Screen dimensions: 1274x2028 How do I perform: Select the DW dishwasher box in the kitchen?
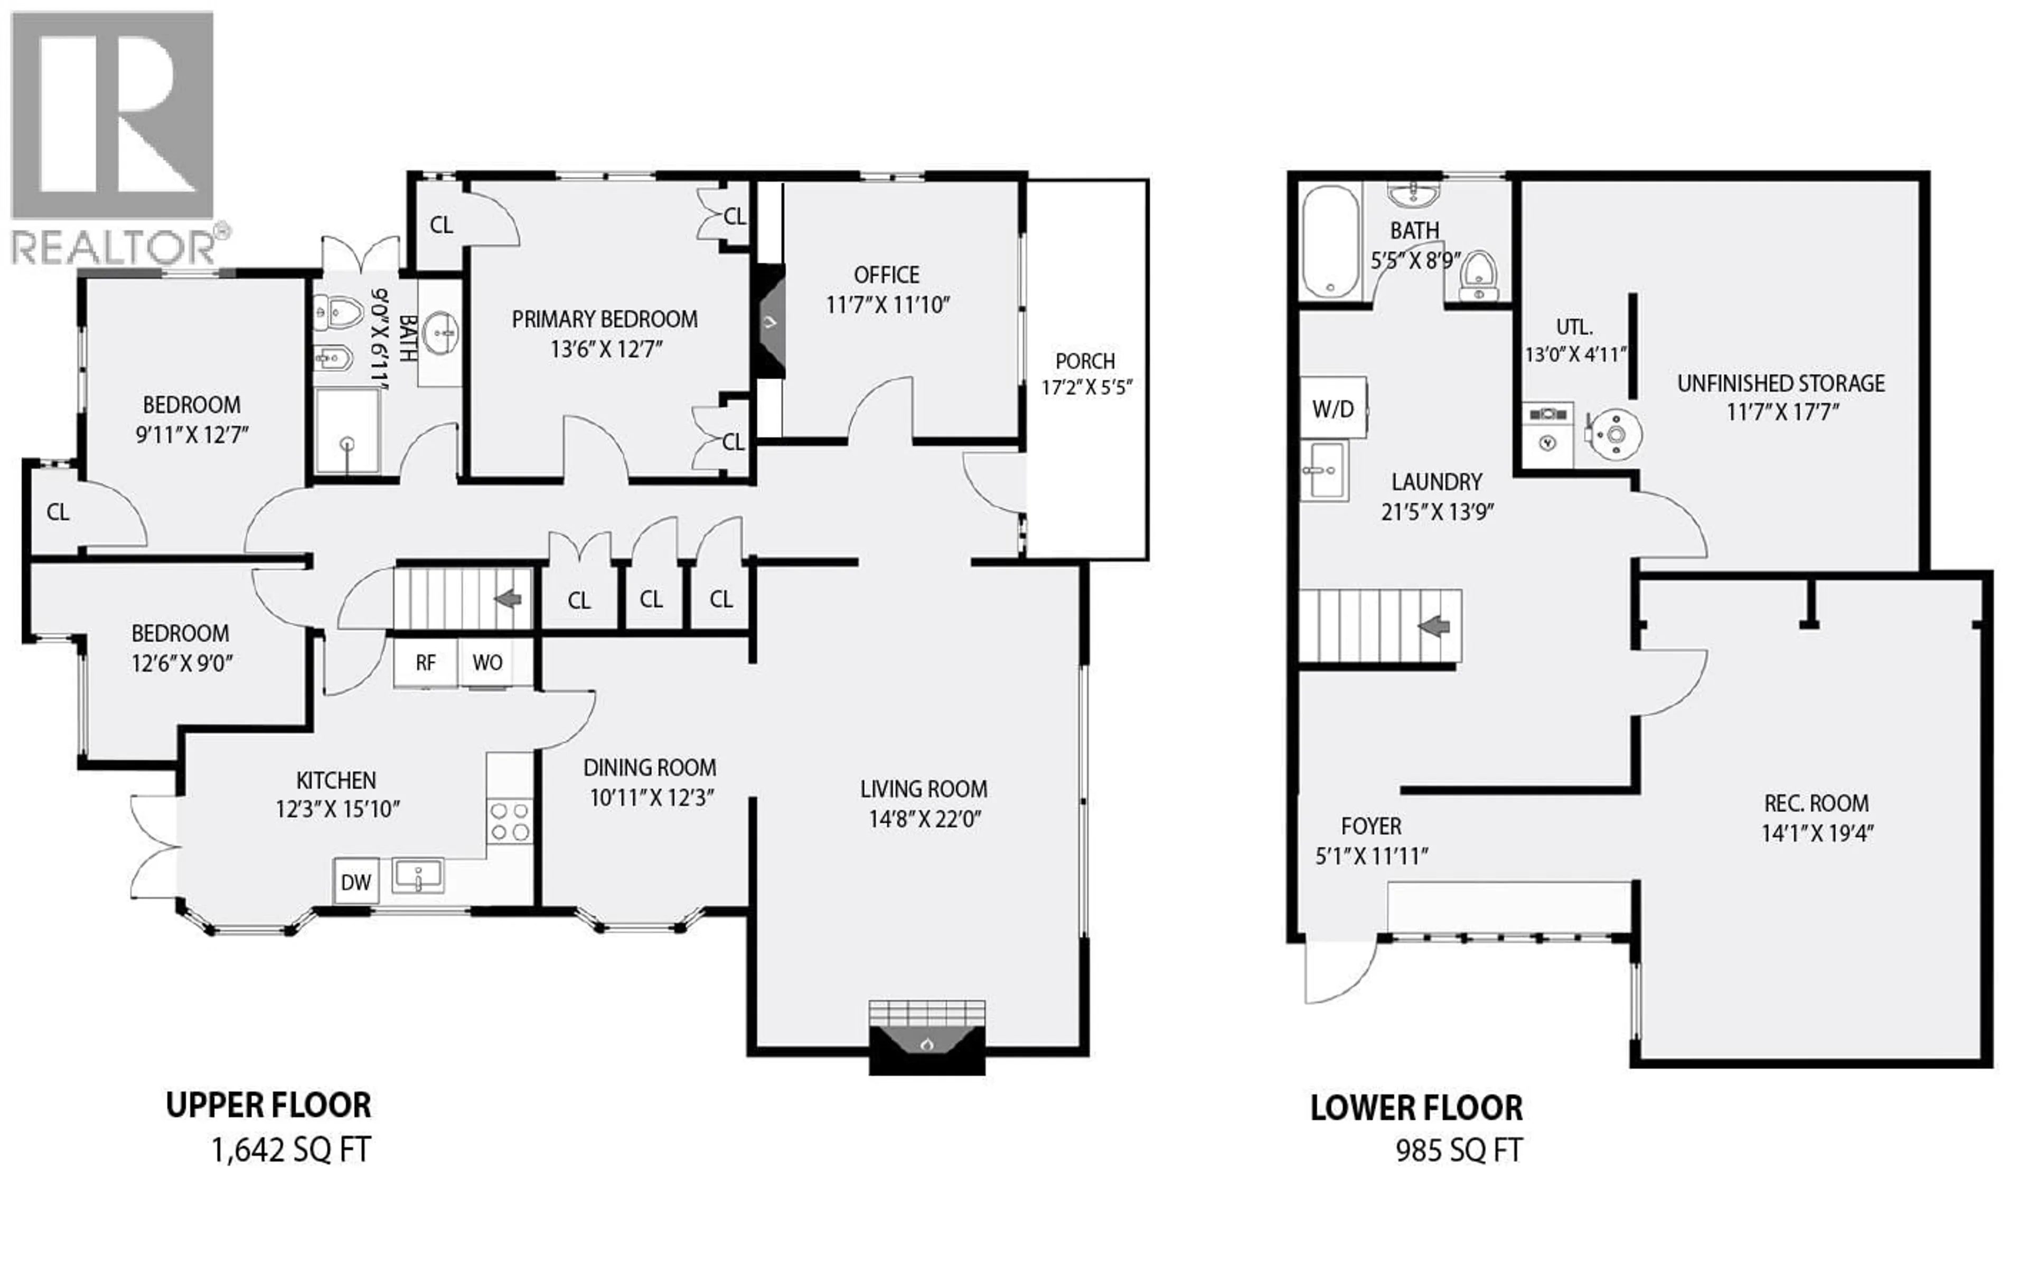pyautogui.click(x=355, y=882)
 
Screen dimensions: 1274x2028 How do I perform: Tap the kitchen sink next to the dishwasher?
pyautogui.click(x=418, y=876)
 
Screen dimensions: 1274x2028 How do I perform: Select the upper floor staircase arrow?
pyautogui.click(x=508, y=598)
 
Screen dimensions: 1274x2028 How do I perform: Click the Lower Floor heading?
pyautogui.click(x=1416, y=1108)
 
